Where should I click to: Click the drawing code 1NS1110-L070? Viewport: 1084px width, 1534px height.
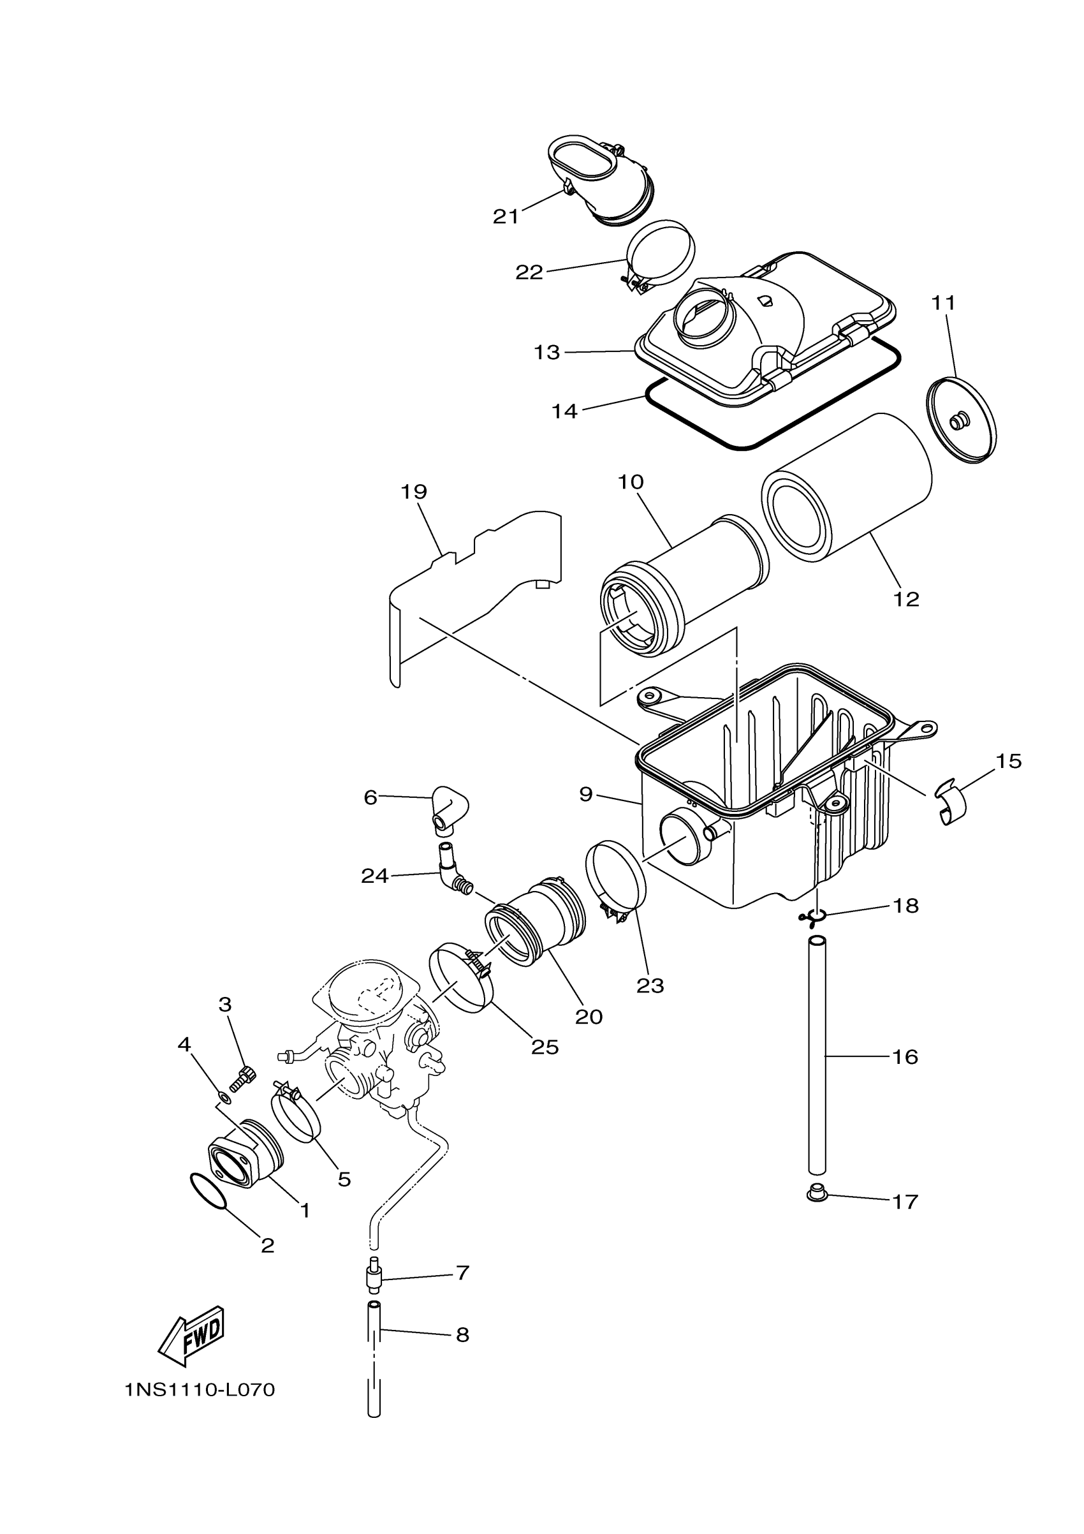pyautogui.click(x=200, y=1390)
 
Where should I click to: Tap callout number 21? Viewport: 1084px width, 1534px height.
pyautogui.click(x=506, y=216)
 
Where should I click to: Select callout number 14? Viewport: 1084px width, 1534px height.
pyautogui.click(x=564, y=411)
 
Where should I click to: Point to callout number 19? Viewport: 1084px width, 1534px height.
pyautogui.click(x=413, y=492)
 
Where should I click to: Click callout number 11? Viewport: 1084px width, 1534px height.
pyautogui.click(x=944, y=304)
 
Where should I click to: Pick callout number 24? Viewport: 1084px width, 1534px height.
pyautogui.click(x=375, y=876)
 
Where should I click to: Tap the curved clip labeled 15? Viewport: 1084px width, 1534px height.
pyautogui.click(x=953, y=804)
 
